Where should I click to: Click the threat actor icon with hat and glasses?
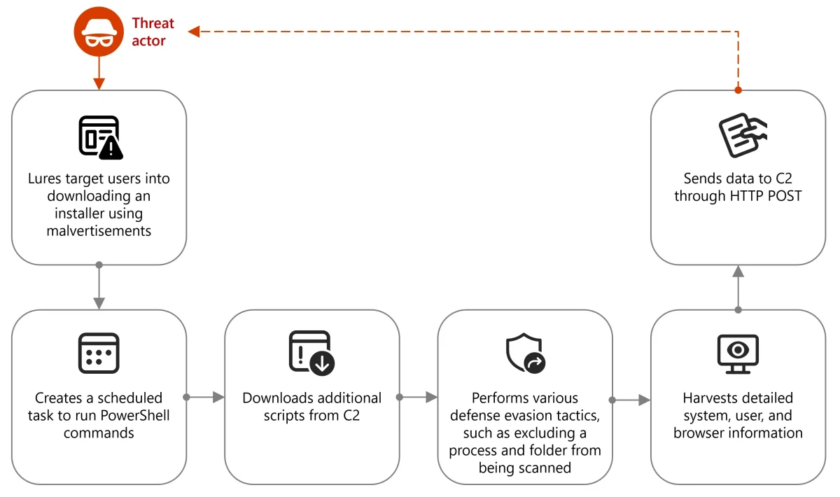point(99,32)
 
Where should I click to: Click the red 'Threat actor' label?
point(153,32)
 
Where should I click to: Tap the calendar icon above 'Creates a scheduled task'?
point(99,353)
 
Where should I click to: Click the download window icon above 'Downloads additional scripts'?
point(311,352)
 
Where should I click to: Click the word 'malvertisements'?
point(99,230)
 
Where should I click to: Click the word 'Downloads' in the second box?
point(276,398)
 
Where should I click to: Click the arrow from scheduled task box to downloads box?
point(206,397)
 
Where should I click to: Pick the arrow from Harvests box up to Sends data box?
point(738,287)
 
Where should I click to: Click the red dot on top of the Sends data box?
point(738,90)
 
